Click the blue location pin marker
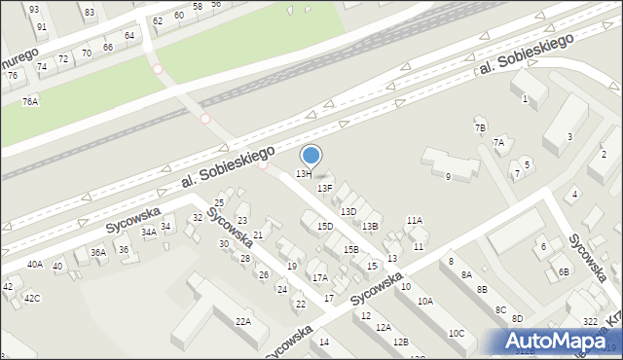click(311, 155)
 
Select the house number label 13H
click(304, 173)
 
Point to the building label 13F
click(325, 188)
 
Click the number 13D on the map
click(348, 211)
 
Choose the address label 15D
click(325, 227)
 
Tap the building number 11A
click(415, 221)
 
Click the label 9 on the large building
click(448, 176)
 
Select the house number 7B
click(480, 128)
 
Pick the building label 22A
click(243, 321)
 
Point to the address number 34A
click(148, 233)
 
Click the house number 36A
click(98, 252)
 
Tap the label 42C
click(32, 298)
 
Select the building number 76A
click(31, 101)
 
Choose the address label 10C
click(457, 334)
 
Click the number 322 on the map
click(590, 321)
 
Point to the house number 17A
click(320, 278)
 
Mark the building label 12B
click(400, 342)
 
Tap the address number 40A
click(35, 264)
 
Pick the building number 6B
click(564, 271)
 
